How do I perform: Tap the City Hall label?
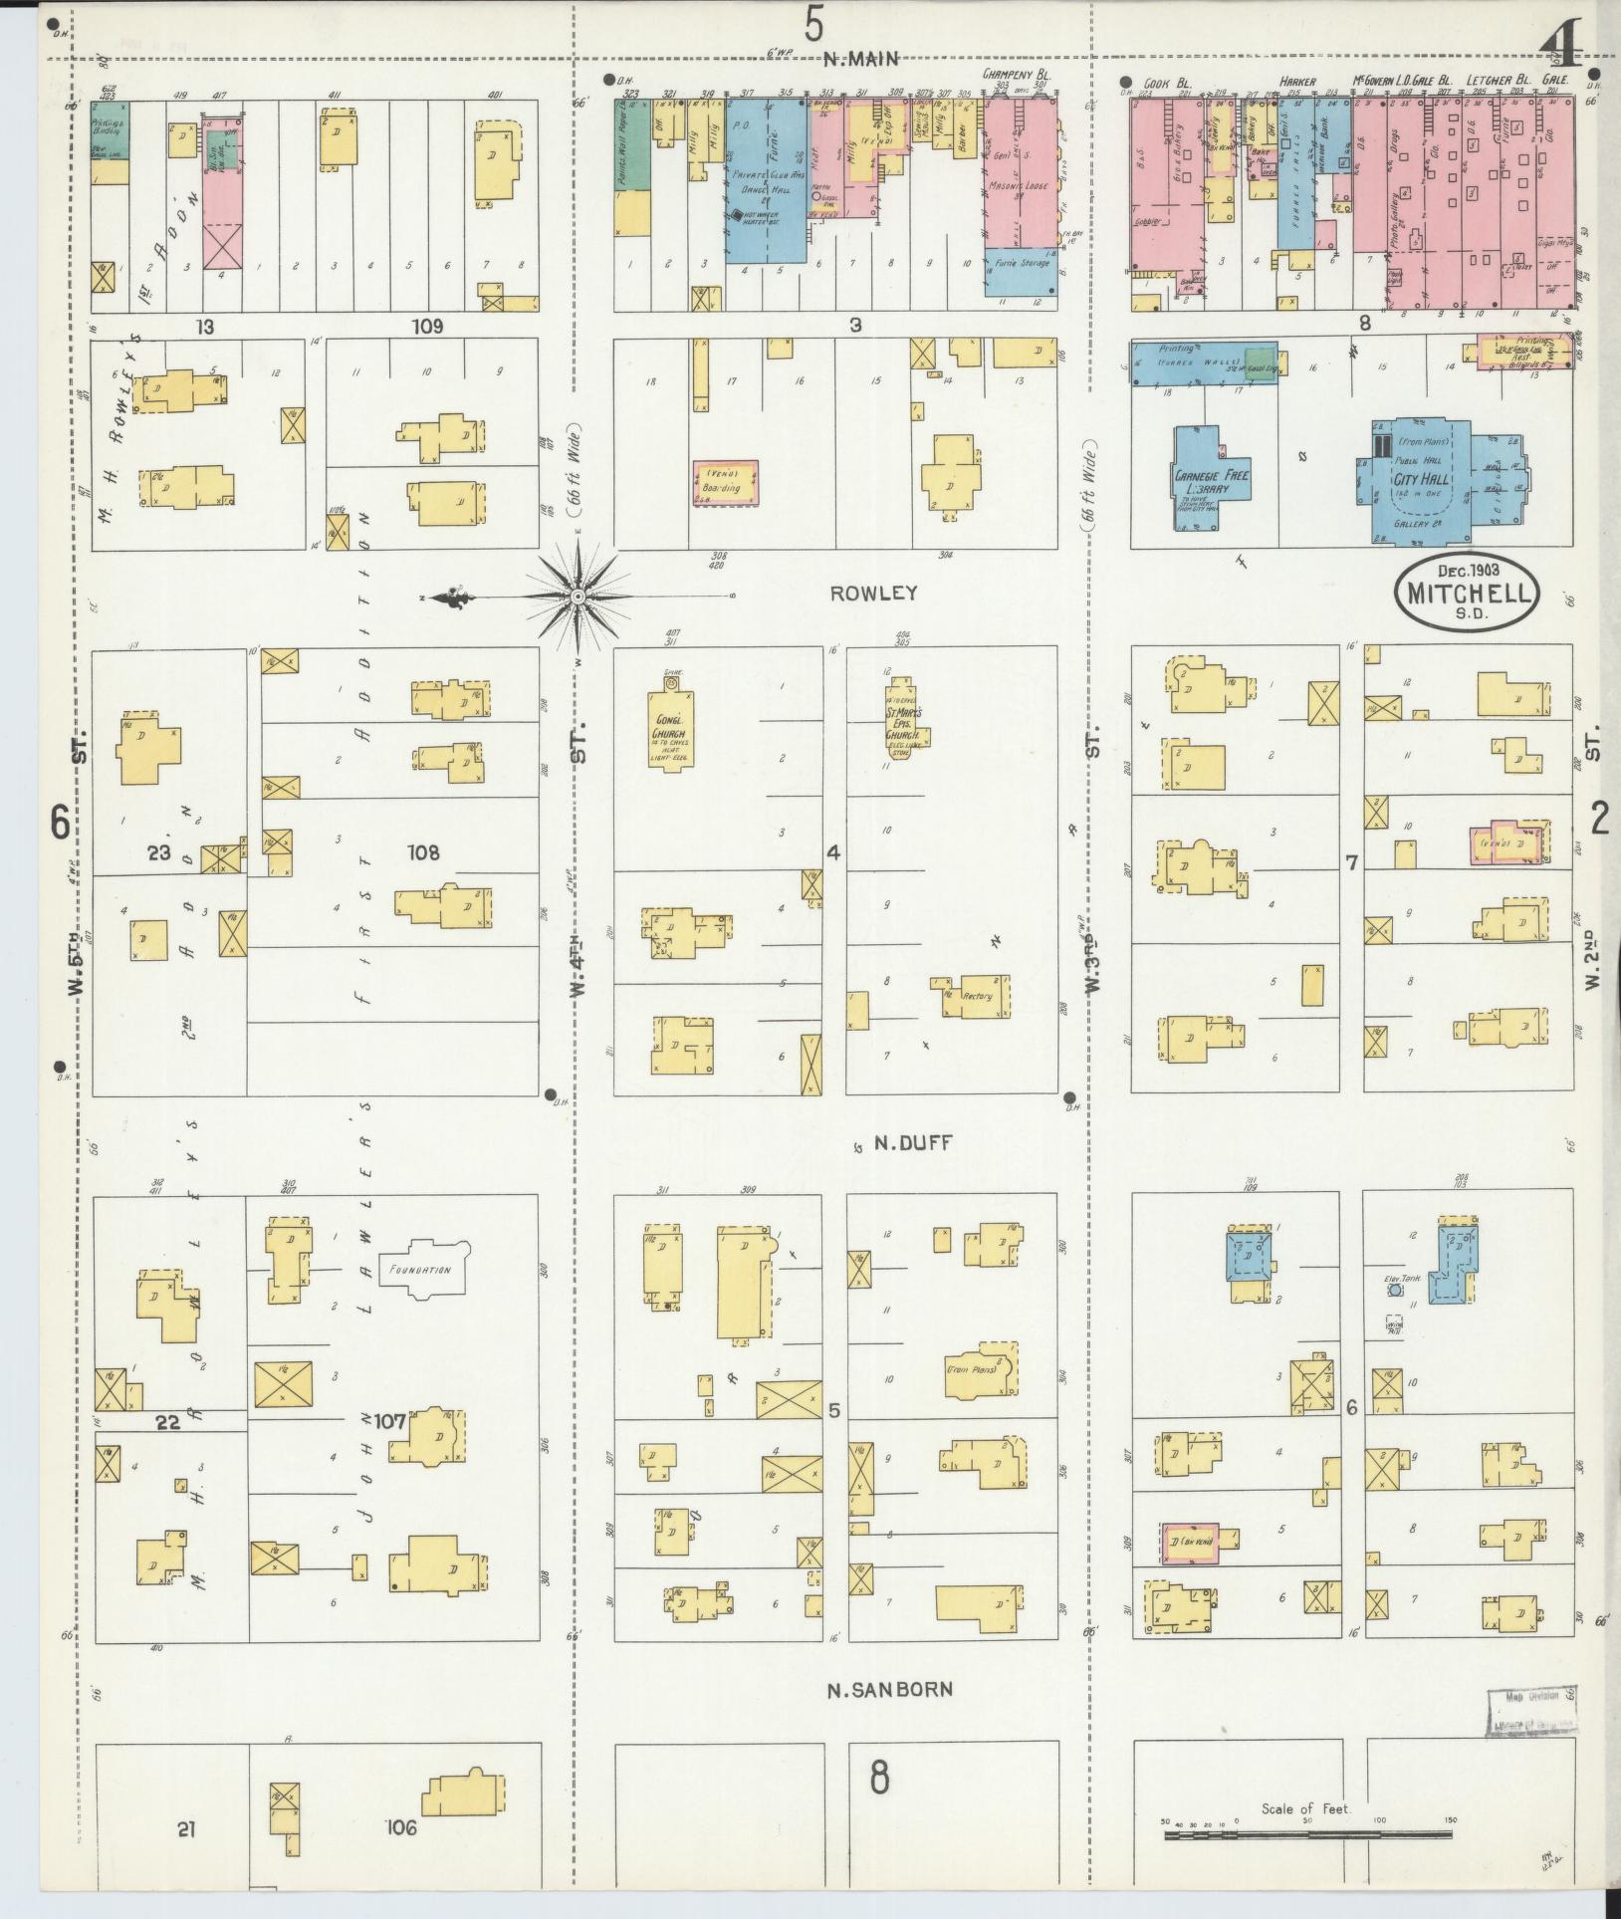coord(1423,480)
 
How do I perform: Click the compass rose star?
coord(577,596)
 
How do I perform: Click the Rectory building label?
coord(977,995)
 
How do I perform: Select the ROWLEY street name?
coord(873,593)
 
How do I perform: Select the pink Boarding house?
coord(725,482)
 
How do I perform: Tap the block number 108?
coord(423,852)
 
